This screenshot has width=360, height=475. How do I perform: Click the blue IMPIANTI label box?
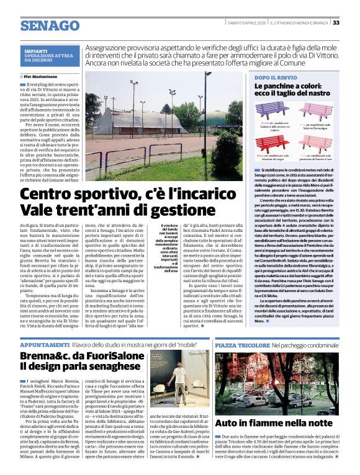[51, 55]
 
